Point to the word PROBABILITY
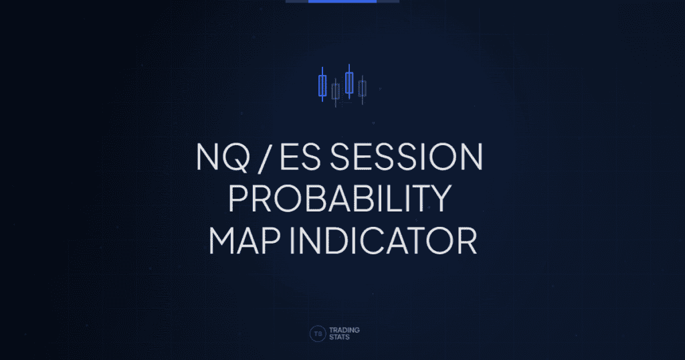pos(342,199)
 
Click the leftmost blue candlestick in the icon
pos(322,86)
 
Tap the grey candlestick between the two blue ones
pos(336,91)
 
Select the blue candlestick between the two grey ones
pos(349,82)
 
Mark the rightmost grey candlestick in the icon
pos(362,88)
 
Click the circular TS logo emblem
pos(318,334)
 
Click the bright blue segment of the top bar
pos(342,1)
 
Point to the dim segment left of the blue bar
pos(297,1)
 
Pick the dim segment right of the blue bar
pos(388,1)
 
